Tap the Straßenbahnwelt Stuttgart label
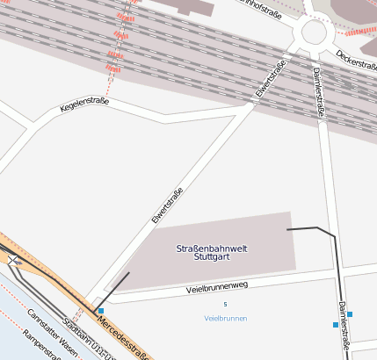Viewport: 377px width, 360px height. [x=212, y=253]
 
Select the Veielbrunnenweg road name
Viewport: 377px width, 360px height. [x=217, y=286]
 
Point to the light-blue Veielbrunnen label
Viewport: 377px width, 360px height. [x=225, y=318]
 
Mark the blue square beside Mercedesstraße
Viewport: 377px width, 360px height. [x=101, y=311]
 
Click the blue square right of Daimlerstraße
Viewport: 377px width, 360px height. [x=350, y=313]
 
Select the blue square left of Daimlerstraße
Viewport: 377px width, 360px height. [x=336, y=325]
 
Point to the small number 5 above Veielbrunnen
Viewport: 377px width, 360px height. [x=225, y=305]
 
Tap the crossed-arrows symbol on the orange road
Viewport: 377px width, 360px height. [x=12, y=260]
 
